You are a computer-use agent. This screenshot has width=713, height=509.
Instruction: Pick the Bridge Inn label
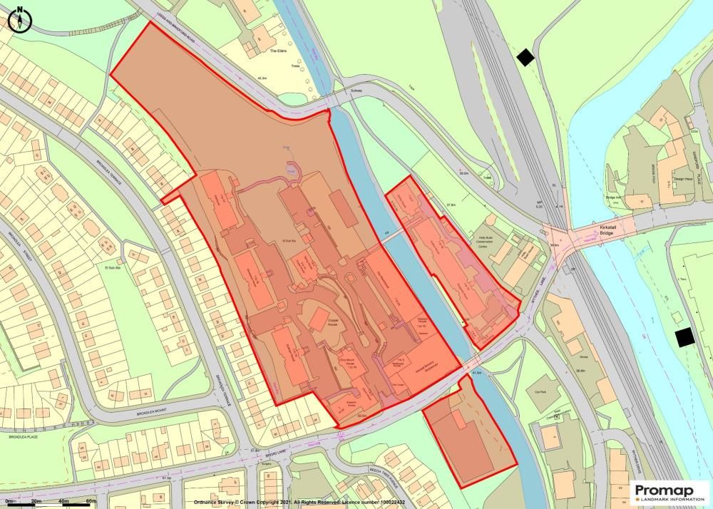[x=615, y=198]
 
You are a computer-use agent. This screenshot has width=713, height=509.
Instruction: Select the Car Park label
[x=539, y=391]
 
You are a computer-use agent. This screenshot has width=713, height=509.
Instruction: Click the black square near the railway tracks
[x=525, y=58]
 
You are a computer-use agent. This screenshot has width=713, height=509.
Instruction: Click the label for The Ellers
[x=277, y=52]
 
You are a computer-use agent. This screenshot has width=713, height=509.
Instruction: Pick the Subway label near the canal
[x=338, y=93]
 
